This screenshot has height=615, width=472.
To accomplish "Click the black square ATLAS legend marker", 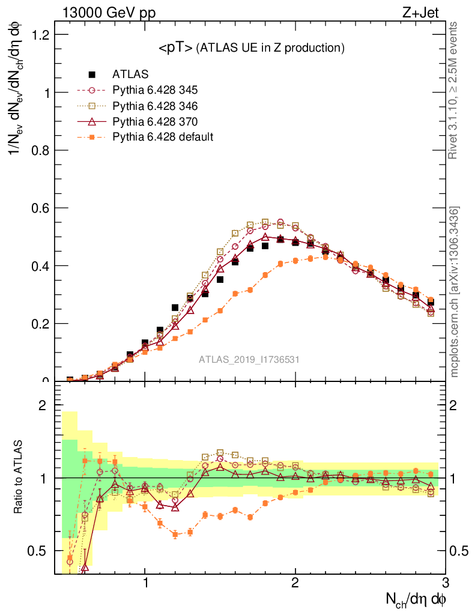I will coord(92,74).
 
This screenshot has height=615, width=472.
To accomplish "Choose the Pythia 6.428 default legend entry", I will coord(162,137).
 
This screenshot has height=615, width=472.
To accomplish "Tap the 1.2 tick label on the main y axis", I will coord(40,35).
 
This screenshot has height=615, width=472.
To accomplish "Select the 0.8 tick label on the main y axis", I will coord(40,150).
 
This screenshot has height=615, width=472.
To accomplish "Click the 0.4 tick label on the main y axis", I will coord(40,265).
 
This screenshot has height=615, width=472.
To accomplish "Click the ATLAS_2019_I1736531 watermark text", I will coord(249,360).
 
